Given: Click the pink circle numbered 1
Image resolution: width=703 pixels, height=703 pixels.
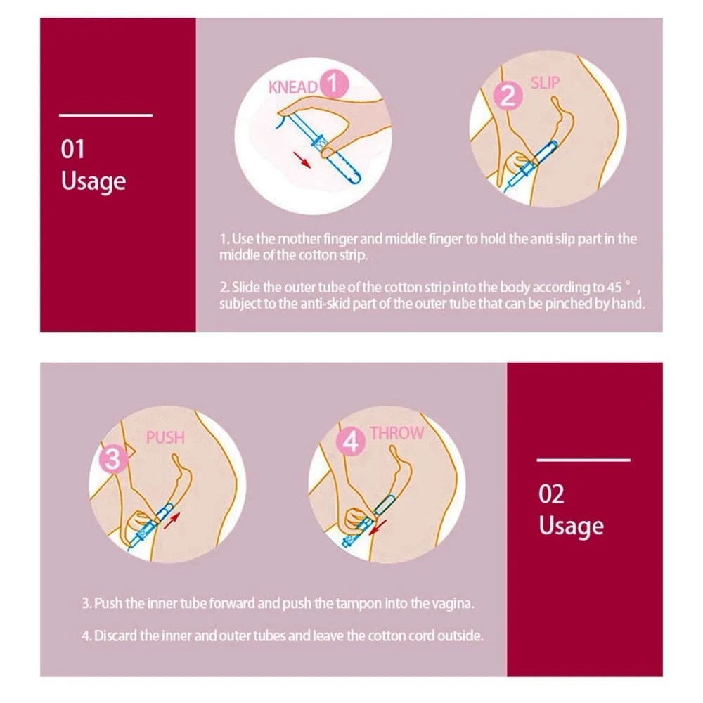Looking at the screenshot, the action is click(x=333, y=84).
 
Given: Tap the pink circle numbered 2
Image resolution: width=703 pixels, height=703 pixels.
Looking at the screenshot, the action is click(x=508, y=96).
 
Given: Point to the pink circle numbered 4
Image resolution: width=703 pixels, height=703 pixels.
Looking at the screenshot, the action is click(x=351, y=441).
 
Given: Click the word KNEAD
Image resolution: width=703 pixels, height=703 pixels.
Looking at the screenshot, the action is click(x=293, y=87).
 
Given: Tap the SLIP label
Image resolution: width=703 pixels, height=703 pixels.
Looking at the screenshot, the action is click(x=546, y=83).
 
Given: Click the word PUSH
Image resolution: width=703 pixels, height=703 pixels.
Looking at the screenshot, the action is click(x=165, y=437).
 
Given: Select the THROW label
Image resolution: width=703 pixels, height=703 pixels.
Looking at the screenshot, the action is click(x=396, y=433).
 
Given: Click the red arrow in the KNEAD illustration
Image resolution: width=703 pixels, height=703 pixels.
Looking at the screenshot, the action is click(x=302, y=160).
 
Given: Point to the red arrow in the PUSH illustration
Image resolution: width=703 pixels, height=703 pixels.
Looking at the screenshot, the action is click(x=172, y=520).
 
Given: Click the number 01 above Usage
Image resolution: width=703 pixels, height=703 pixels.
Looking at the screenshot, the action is click(x=72, y=149).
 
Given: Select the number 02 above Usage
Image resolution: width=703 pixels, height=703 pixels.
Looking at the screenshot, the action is click(x=551, y=494).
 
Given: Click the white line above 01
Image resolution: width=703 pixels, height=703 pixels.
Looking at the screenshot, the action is click(x=106, y=115).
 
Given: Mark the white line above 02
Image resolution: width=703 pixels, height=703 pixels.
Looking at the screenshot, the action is click(x=583, y=460).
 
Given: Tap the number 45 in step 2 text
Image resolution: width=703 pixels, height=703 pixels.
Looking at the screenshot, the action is click(x=614, y=287).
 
